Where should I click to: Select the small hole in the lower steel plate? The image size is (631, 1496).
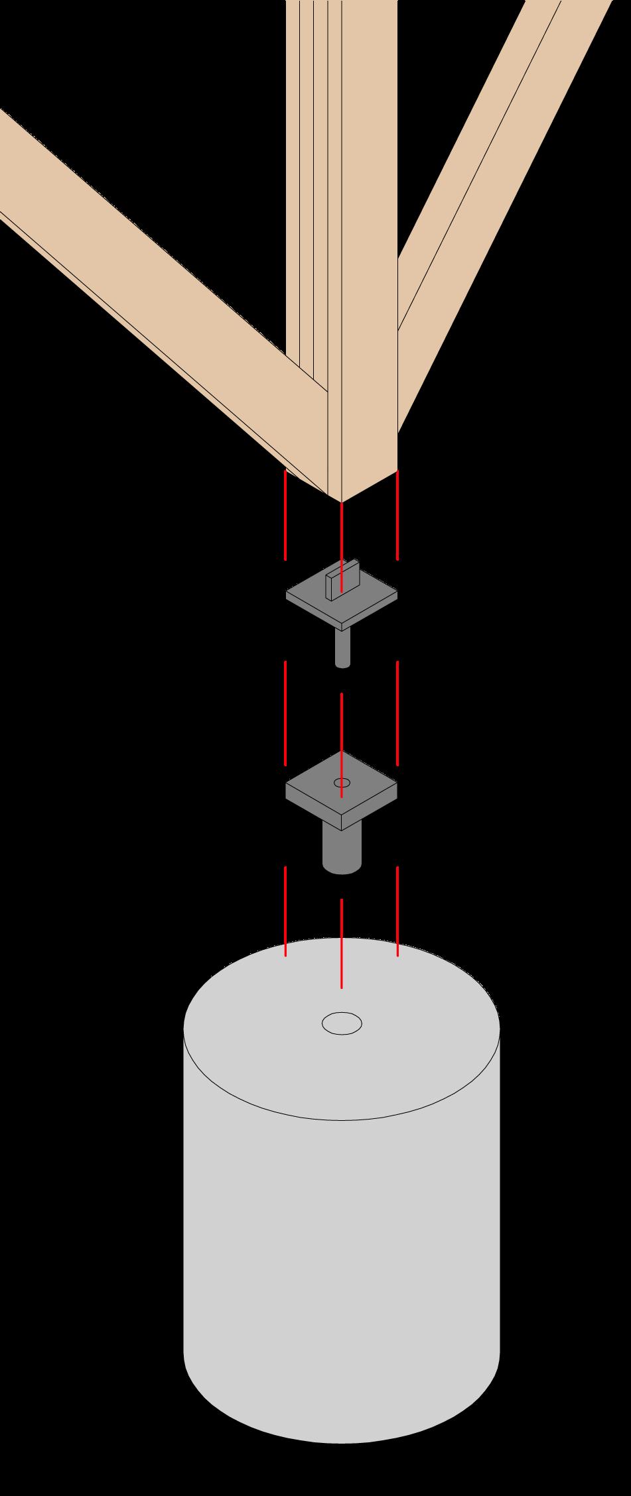342,783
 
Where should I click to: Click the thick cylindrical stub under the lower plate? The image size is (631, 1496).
342,848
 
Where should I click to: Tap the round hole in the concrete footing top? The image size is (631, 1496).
342,1023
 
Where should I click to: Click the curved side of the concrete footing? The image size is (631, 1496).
342,1259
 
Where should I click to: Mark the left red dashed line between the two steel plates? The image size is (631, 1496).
285,713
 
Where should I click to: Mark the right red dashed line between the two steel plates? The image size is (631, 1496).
397,713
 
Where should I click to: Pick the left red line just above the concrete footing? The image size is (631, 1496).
285,911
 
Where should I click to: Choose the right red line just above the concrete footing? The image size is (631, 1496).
397,911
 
